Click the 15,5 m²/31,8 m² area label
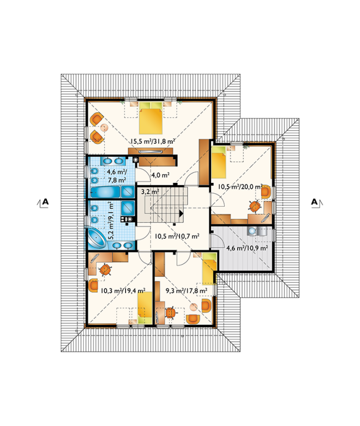(x=152, y=141)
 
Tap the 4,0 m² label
(x=160, y=175)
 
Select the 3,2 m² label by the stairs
(x=150, y=192)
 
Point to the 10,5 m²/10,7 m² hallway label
(x=177, y=236)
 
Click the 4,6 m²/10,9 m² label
(x=247, y=248)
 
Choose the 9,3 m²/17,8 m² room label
(x=187, y=291)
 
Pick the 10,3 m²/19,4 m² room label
(x=123, y=291)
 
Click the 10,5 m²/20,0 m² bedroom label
(x=240, y=187)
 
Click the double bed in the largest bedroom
(x=151, y=118)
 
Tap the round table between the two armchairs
(x=104, y=128)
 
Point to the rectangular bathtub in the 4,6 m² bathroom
(x=105, y=193)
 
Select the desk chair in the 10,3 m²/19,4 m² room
(x=105, y=269)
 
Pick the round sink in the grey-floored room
(x=252, y=231)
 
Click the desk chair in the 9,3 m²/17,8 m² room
(x=170, y=312)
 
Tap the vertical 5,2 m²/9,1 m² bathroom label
(x=111, y=220)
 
